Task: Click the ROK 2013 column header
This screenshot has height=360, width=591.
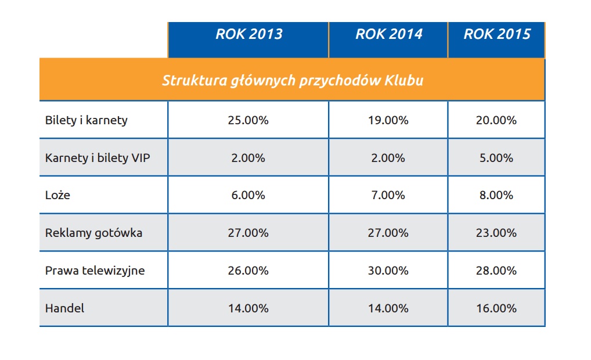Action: click(x=248, y=34)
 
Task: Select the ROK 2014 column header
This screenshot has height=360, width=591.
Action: click(x=388, y=34)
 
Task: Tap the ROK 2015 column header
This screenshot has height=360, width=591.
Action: click(x=497, y=34)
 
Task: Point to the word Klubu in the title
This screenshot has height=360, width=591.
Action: click(x=404, y=80)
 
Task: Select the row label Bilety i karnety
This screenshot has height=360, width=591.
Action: click(x=86, y=121)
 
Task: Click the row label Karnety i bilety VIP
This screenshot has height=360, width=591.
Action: click(x=98, y=158)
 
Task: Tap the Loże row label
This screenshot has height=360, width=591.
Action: click(x=57, y=195)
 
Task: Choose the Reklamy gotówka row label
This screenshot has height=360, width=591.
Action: click(x=93, y=233)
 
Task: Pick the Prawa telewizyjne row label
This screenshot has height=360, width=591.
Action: click(x=95, y=271)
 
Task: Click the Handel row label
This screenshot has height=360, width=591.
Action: click(x=64, y=308)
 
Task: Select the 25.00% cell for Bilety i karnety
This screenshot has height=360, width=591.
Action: click(x=248, y=121)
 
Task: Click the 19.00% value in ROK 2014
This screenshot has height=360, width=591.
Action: click(x=388, y=121)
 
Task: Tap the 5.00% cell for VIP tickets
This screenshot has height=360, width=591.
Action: click(x=497, y=158)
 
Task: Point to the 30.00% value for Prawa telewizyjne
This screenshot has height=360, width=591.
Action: click(x=388, y=271)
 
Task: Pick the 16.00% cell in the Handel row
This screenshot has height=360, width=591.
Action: click(x=497, y=308)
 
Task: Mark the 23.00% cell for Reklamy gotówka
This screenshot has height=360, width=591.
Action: click(x=497, y=233)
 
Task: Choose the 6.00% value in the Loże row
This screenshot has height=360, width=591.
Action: click(x=248, y=195)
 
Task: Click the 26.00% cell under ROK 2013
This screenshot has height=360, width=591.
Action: click(x=248, y=271)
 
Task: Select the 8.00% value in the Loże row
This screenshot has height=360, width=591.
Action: click(x=497, y=195)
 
